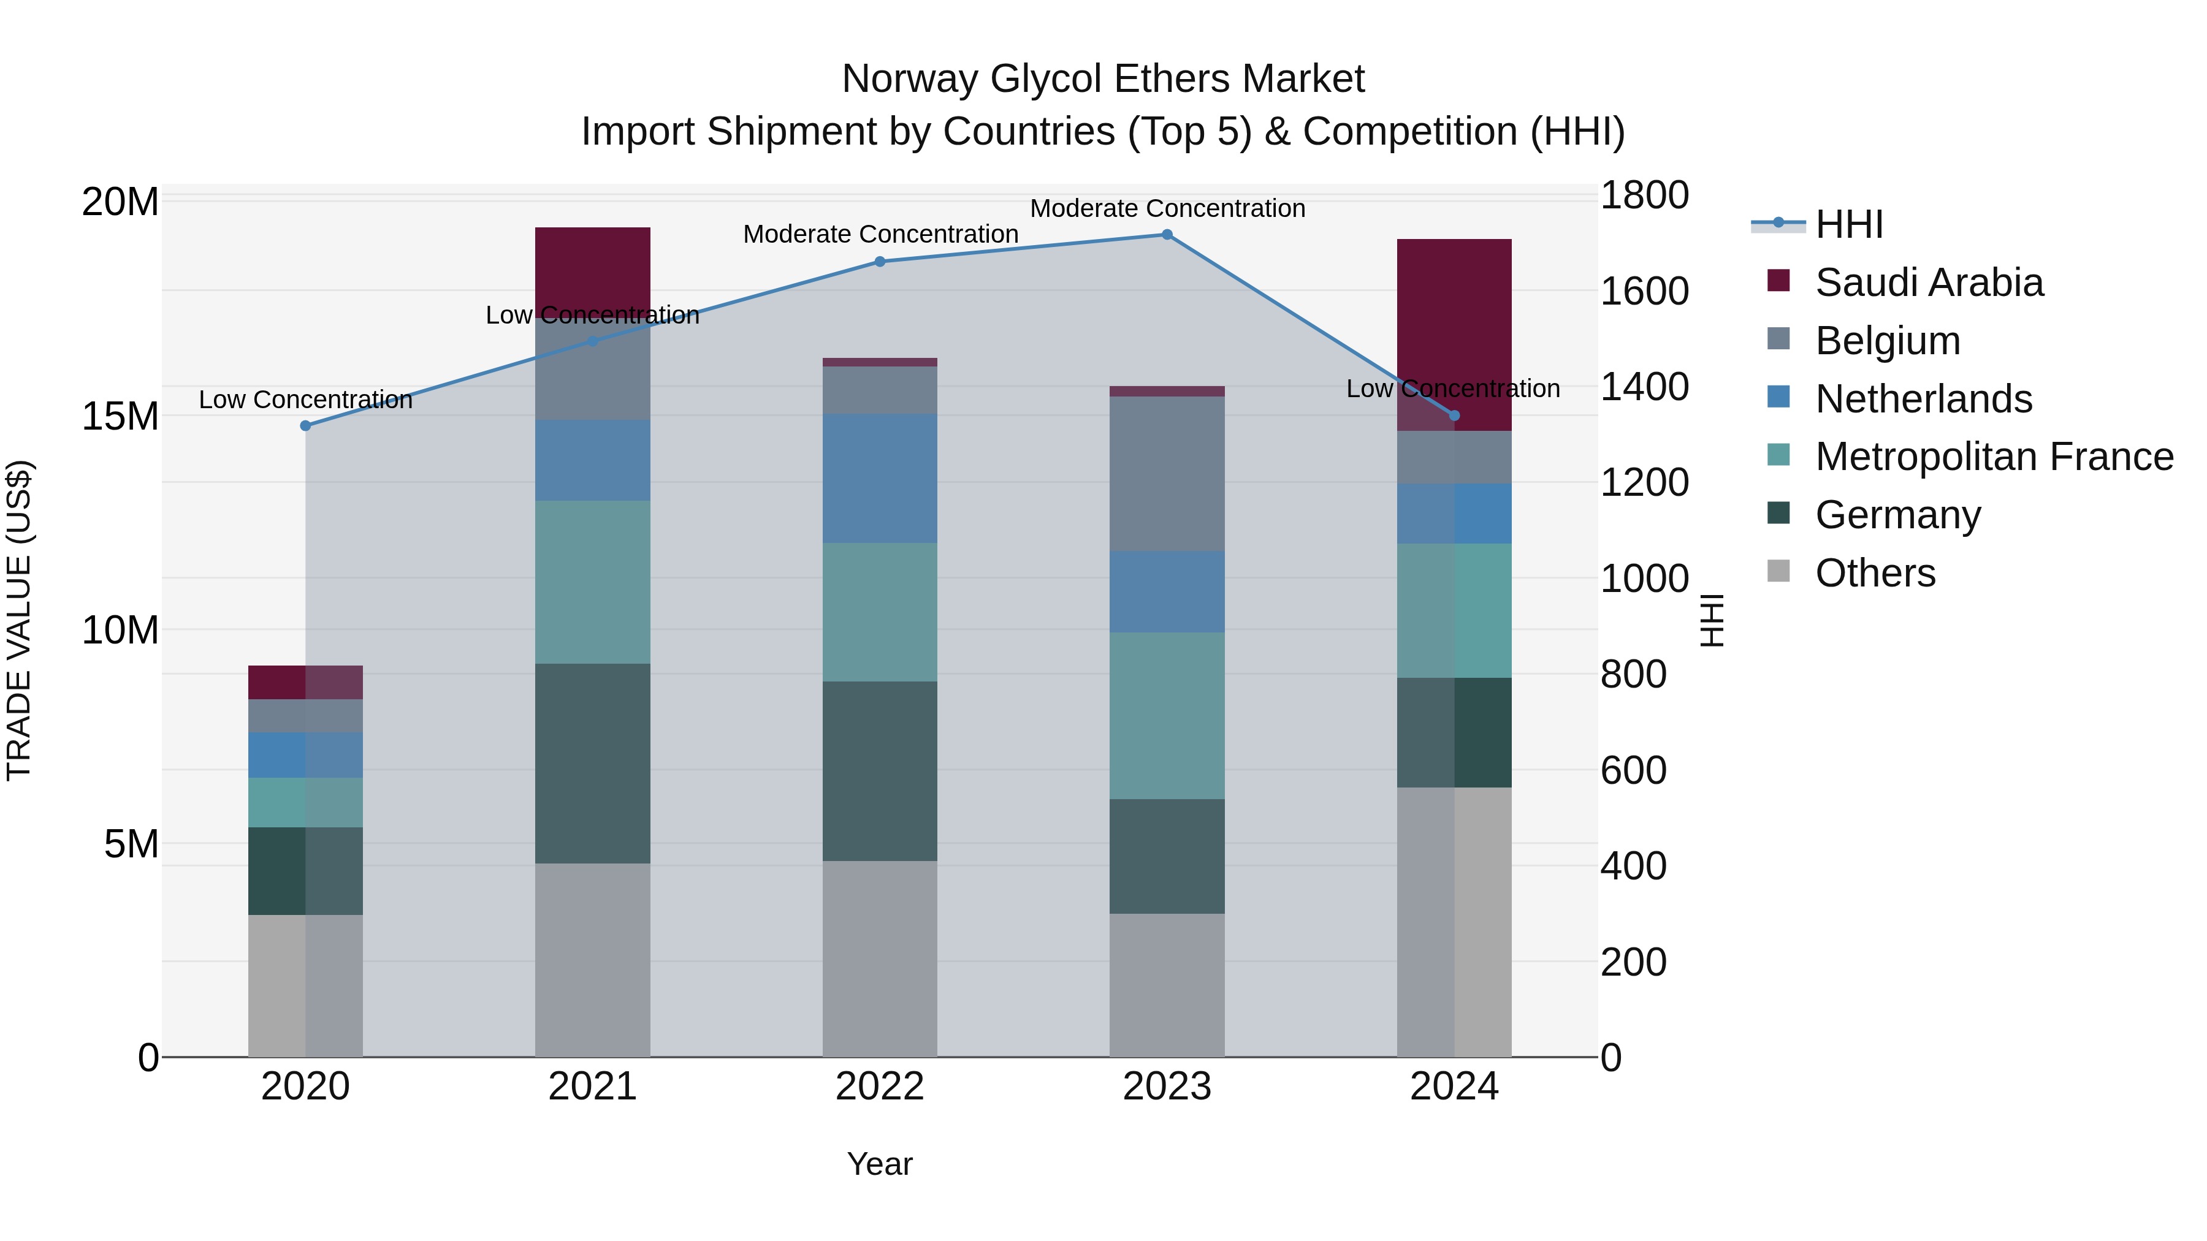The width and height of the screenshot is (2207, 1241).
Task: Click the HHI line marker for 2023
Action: (1167, 235)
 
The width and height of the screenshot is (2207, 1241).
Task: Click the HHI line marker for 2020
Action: (306, 426)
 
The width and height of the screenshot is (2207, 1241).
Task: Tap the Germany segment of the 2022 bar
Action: (880, 771)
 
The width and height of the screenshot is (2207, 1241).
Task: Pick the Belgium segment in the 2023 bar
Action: (1167, 474)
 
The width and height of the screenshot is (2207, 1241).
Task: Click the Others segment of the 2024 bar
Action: (1454, 922)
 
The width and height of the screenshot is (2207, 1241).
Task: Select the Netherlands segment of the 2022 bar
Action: (880, 478)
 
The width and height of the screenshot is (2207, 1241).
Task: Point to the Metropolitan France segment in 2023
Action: (1167, 716)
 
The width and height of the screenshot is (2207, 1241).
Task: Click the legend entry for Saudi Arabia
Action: (1927, 283)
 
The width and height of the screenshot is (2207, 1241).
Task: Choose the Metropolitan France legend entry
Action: (1993, 457)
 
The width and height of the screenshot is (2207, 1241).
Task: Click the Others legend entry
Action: (1875, 573)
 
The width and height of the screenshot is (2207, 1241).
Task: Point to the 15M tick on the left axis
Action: (120, 416)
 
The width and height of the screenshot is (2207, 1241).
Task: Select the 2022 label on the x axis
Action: (880, 1087)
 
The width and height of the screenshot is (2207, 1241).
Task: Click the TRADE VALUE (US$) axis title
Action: (19, 620)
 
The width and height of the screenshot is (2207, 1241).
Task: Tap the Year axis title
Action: (880, 1164)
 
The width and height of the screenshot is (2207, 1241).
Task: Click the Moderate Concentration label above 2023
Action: (1167, 208)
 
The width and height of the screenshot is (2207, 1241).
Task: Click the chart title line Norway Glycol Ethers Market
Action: (1103, 79)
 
